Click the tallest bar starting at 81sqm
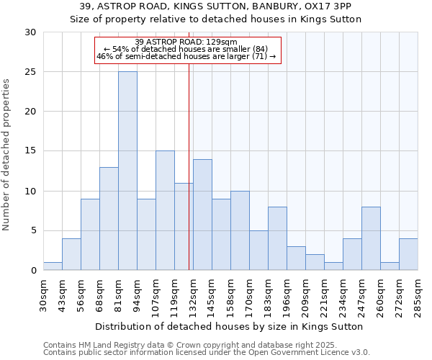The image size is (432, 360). (127, 171)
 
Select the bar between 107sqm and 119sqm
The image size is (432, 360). (165, 210)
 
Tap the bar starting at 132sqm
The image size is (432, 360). (202, 215)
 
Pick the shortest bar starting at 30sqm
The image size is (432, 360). (53, 266)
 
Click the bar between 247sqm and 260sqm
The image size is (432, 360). (371, 239)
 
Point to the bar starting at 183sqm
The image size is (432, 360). (277, 239)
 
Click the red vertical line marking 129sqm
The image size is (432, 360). (189, 166)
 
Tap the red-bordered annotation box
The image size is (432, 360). (187, 50)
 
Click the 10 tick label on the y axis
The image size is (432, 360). (31, 192)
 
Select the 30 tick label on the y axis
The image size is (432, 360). (31, 32)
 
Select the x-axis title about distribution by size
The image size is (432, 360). (229, 326)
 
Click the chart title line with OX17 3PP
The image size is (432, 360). (215, 6)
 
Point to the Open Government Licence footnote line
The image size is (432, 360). (207, 352)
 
